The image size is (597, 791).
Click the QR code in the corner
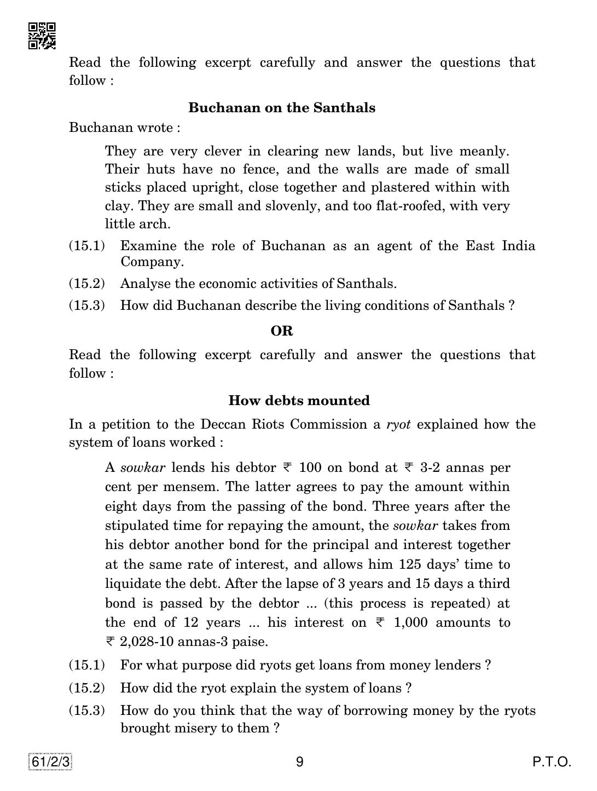(42, 36)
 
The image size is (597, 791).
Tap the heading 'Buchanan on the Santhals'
(282, 108)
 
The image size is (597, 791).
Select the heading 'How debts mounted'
(299, 401)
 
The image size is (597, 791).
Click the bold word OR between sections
(282, 331)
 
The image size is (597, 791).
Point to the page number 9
(299, 762)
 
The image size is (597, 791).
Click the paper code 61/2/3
(51, 762)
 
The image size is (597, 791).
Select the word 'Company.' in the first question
(152, 262)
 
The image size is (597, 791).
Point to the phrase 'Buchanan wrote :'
(124, 128)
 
